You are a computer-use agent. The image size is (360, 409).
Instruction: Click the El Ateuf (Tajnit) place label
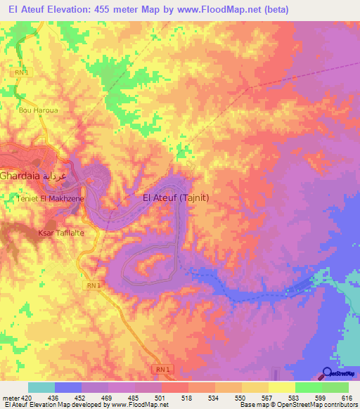click(x=176, y=198)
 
